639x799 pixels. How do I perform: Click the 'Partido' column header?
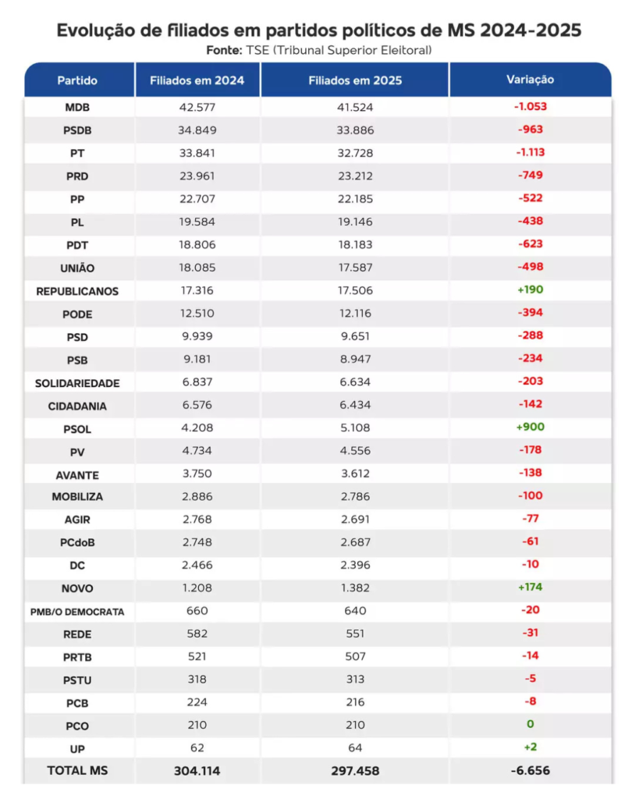tap(77, 80)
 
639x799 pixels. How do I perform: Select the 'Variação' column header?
tap(530, 80)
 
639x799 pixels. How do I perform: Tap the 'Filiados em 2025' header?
tap(355, 80)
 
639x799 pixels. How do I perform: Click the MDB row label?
tap(77, 108)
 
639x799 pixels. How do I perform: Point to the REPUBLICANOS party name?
tap(77, 291)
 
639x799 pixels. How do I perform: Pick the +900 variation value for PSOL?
tap(530, 427)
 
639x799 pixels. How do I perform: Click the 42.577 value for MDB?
tap(197, 108)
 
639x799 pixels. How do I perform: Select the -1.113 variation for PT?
tap(530, 152)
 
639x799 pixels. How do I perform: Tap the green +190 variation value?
tap(530, 289)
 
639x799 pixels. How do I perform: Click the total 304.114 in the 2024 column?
tap(197, 771)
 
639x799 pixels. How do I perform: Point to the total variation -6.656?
tap(530, 771)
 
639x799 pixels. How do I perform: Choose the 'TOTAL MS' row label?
tap(77, 770)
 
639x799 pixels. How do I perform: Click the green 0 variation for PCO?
tap(531, 724)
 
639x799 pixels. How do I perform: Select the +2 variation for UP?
tap(530, 747)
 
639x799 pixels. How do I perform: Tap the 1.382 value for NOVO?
tap(355, 588)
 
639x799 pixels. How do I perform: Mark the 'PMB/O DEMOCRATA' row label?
tap(77, 612)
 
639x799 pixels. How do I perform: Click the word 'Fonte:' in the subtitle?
tap(225, 50)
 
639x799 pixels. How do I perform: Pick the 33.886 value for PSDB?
tap(355, 130)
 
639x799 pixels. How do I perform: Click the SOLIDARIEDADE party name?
tap(77, 383)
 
